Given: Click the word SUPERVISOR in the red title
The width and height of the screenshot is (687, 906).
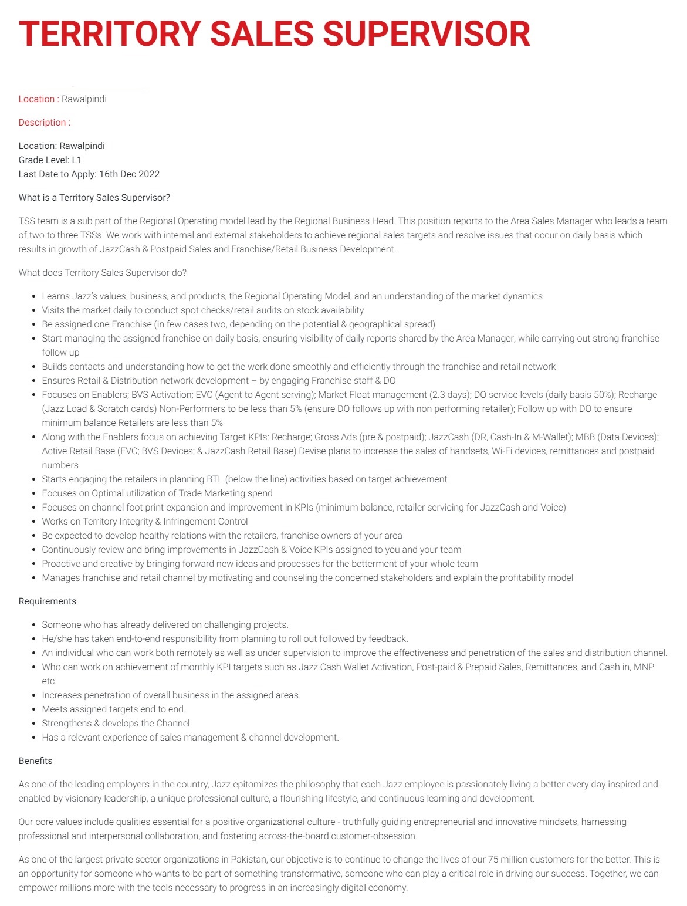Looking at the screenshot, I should tap(427, 33).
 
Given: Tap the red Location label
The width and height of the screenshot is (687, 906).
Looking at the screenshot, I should tap(36, 99).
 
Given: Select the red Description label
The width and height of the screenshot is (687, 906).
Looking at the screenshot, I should tap(42, 122).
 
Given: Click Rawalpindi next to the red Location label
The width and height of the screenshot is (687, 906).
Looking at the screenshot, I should tap(84, 99).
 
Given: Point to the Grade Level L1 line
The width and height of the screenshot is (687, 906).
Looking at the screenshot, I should tap(50, 160).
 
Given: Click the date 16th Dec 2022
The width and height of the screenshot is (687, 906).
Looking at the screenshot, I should tap(129, 174).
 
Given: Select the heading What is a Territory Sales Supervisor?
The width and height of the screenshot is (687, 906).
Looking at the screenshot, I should tap(94, 197).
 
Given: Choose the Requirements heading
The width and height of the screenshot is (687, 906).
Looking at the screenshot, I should tap(47, 601).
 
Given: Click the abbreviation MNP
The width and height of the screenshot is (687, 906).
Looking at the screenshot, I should tap(644, 667).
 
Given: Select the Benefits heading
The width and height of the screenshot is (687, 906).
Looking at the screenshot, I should tap(35, 760).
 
